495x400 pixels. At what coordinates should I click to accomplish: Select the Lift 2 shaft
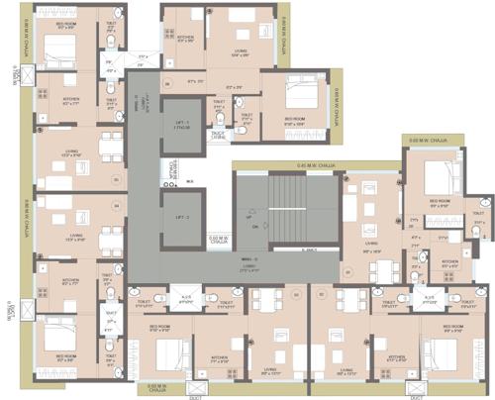[181, 217]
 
